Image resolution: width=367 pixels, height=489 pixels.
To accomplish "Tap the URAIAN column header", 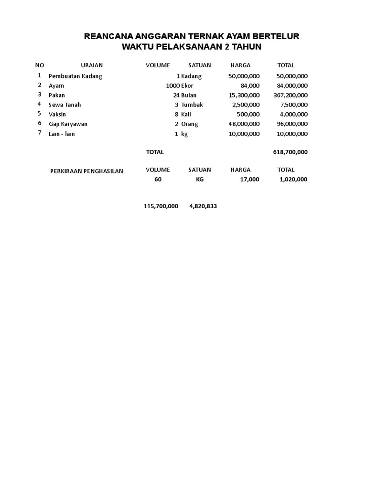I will [92, 65].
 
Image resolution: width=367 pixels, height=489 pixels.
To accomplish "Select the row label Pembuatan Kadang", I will [76, 76].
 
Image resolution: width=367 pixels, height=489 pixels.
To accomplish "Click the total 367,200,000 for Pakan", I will [290, 95].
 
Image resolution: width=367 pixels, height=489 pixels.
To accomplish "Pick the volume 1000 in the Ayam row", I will [173, 85].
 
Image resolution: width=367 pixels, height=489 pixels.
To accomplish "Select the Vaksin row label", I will [57, 114].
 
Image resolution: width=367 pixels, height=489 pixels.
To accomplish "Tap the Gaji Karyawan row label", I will [68, 124].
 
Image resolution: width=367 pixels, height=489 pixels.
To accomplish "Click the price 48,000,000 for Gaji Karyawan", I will [244, 124].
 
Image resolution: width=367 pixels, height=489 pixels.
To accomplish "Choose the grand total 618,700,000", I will [290, 152].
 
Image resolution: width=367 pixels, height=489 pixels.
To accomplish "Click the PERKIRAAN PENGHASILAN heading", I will [86, 171].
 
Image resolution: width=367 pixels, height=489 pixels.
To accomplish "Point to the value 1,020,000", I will [293, 180].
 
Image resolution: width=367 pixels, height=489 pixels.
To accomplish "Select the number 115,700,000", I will [161, 206].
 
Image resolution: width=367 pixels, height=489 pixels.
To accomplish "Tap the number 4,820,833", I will [203, 206].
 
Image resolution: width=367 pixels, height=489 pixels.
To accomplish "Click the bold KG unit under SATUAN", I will [200, 180].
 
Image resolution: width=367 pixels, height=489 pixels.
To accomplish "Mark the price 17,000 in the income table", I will [250, 180].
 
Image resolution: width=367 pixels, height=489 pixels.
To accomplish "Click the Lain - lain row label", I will [62, 134].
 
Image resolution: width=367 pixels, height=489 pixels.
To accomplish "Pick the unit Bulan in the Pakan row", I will [189, 95].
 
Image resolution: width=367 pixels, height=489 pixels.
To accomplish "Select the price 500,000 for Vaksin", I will [248, 114].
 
